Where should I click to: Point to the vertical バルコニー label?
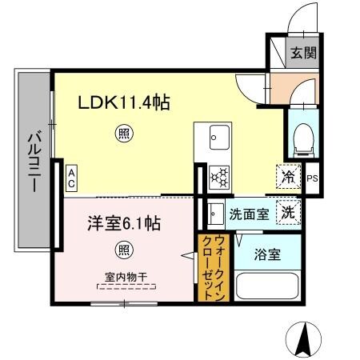click(34, 160)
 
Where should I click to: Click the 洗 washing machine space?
click(286, 213)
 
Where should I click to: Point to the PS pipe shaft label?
click(313, 178)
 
